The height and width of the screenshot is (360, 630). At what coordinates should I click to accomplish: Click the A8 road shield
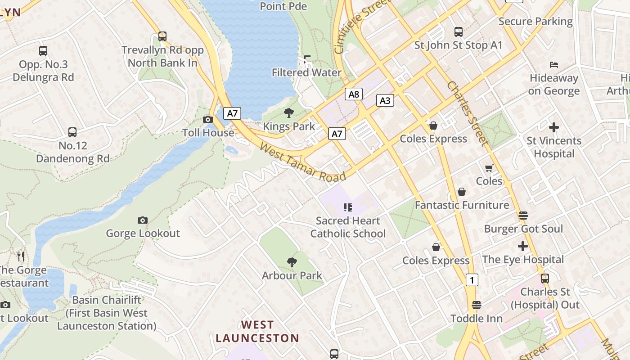354,94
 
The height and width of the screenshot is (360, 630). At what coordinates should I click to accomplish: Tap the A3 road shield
385,100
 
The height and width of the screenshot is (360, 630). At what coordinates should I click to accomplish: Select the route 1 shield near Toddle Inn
472,280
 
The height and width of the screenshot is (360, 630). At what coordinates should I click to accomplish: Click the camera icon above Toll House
207,119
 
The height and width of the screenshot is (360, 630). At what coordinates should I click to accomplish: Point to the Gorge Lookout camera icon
143,220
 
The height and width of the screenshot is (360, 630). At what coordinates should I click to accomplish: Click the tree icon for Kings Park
289,113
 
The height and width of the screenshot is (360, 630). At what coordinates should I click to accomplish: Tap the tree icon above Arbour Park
292,262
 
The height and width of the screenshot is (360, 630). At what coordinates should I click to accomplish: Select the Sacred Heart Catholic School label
348,227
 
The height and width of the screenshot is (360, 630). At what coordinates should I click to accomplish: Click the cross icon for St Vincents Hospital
554,127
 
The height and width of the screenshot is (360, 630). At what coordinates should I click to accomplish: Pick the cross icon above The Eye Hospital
522,246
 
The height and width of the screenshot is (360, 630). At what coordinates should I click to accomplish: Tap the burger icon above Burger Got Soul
523,215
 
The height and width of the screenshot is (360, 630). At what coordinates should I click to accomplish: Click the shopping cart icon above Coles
489,168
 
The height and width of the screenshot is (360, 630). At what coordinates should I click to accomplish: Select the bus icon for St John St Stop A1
459,32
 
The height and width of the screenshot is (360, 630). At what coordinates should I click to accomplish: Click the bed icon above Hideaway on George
554,65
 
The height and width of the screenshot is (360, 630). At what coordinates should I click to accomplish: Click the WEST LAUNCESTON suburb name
257,331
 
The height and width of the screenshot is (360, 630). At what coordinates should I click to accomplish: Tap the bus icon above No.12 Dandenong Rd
72,132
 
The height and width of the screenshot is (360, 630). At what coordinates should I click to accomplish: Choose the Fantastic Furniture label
462,205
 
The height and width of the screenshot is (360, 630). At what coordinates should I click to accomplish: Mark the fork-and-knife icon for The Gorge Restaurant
21,256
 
